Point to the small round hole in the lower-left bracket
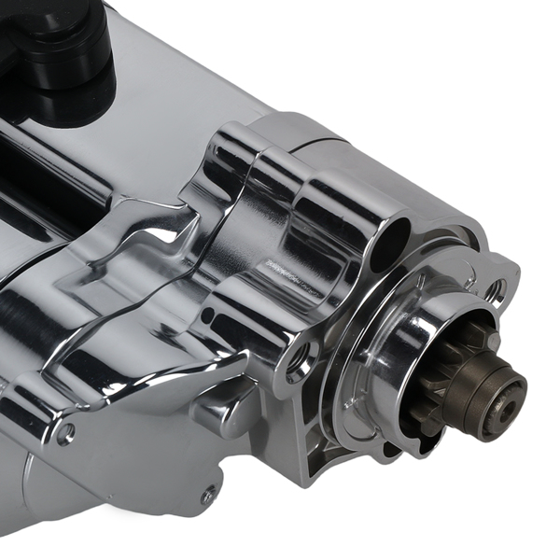click(x=65, y=433)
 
